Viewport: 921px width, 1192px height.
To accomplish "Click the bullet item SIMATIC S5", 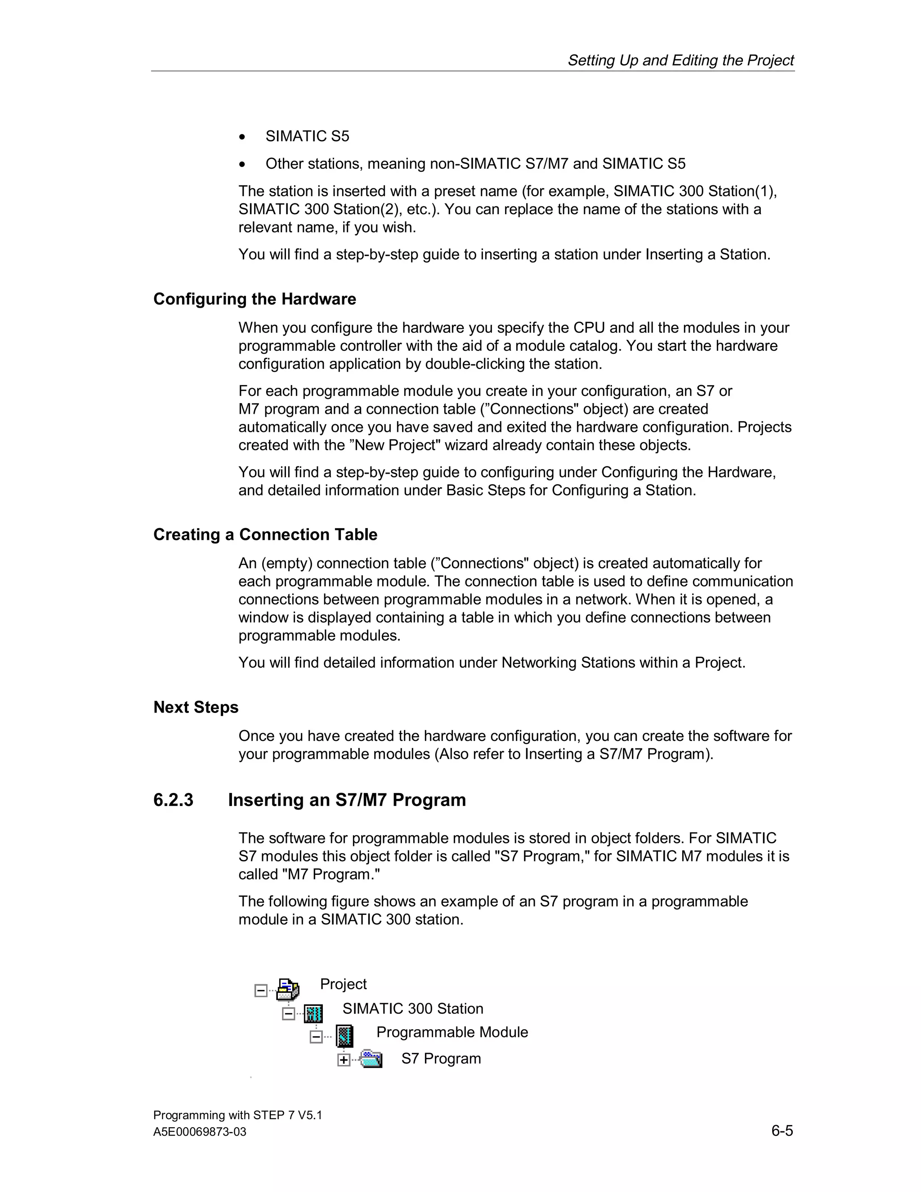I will [x=307, y=136].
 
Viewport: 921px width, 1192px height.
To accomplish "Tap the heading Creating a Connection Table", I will [x=265, y=534].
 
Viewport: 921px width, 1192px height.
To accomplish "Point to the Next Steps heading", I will [x=196, y=708].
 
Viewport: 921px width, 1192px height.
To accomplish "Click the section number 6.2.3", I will [x=173, y=800].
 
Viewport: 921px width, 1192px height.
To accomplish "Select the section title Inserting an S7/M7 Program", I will [x=347, y=800].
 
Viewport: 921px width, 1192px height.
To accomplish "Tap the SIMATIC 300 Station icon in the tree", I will [x=313, y=1013].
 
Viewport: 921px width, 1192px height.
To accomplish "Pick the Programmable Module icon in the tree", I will [x=344, y=1036].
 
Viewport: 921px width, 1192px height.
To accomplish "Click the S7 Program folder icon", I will [x=371, y=1059].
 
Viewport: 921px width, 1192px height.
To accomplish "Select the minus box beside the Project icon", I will [x=261, y=990].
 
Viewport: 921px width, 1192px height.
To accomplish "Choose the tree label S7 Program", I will [x=441, y=1058].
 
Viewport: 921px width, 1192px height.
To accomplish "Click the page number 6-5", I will [x=782, y=1131].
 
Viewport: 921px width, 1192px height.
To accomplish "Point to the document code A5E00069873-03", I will [x=200, y=1132].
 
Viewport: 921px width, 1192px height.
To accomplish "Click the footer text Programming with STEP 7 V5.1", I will [x=237, y=1115].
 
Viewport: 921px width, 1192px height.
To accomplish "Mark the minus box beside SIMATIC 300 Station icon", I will [x=288, y=1014].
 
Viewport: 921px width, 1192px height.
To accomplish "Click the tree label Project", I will [x=343, y=984].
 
